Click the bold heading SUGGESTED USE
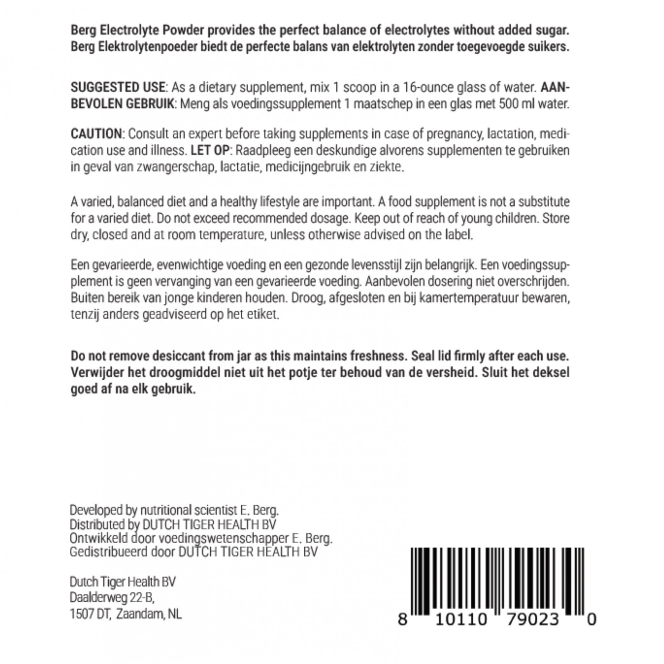(x=118, y=88)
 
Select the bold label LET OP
(x=210, y=151)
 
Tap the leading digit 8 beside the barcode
(x=402, y=620)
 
